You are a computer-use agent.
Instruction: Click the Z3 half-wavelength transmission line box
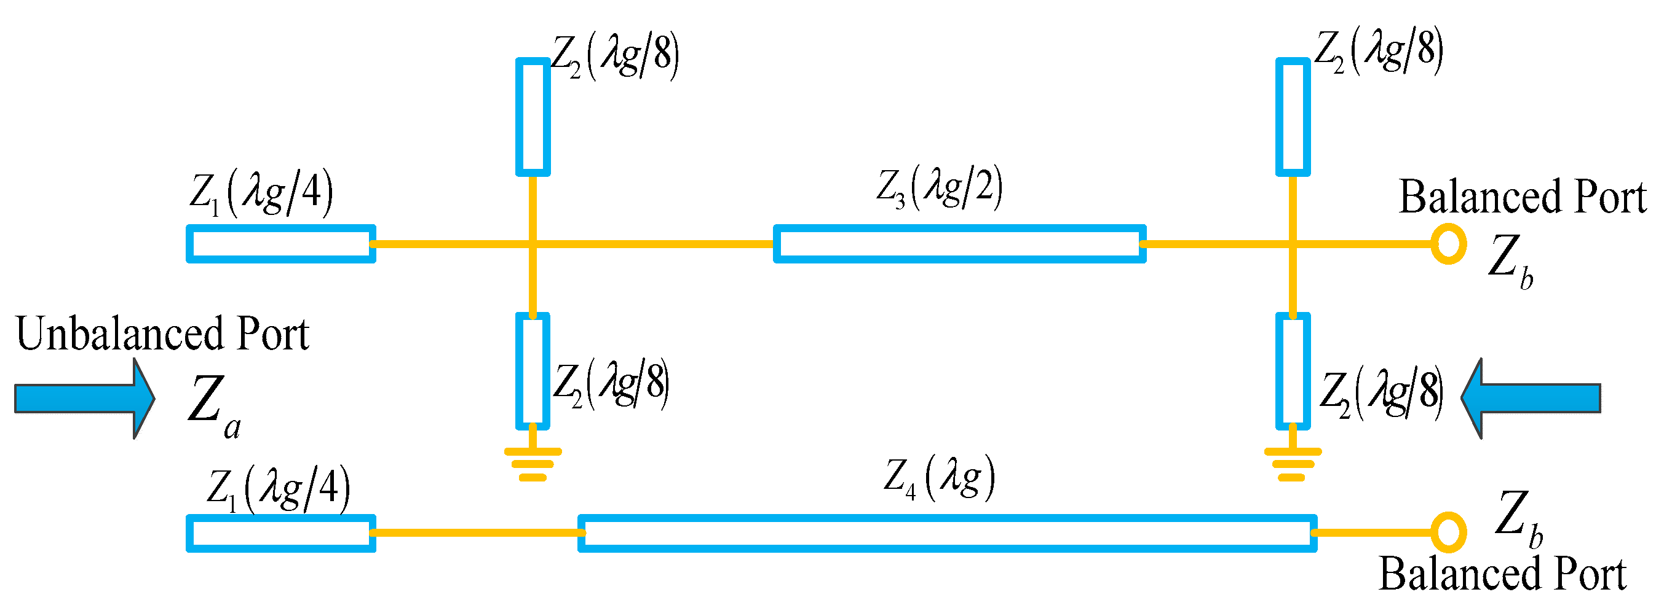coord(959,244)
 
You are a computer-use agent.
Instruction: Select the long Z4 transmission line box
coord(947,533)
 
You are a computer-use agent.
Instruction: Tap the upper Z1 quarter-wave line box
coord(281,244)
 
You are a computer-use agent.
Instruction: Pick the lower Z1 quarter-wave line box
coord(281,533)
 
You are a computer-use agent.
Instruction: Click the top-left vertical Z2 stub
coord(533,117)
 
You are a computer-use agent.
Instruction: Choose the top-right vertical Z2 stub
coord(1293,117)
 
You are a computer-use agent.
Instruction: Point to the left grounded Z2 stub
coord(533,371)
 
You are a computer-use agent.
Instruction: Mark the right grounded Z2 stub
coord(1293,371)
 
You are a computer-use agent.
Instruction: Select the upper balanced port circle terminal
coord(1448,244)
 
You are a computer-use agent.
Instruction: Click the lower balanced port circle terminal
coord(1448,532)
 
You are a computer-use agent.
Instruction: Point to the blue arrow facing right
coord(84,399)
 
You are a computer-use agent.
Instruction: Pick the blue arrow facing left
coord(1531,399)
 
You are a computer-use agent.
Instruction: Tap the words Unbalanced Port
coord(162,334)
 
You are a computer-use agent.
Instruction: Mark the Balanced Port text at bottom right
coord(1502,574)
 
